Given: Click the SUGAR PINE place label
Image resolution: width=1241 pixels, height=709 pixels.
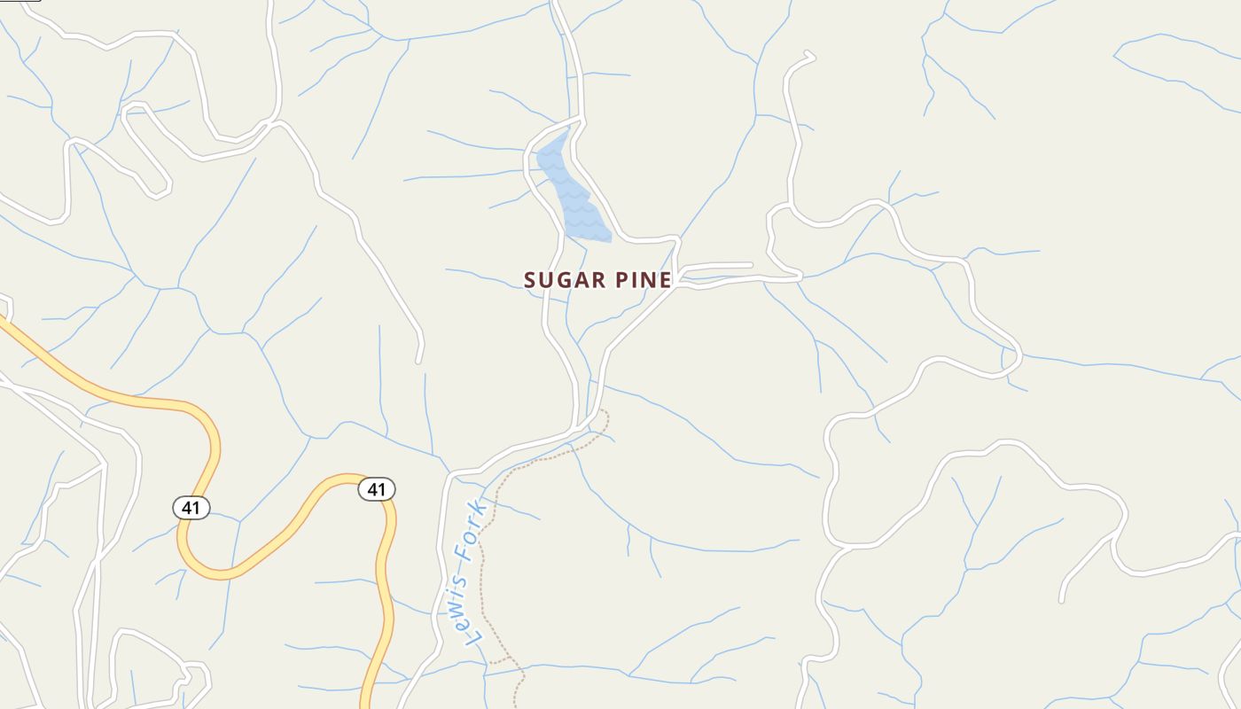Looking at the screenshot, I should coord(597,280).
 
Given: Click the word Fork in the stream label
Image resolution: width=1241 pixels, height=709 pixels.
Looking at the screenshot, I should coord(468,531).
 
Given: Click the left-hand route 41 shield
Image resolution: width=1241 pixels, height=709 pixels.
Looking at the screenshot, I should coord(191,508).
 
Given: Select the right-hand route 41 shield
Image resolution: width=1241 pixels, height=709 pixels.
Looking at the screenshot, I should coord(377,489).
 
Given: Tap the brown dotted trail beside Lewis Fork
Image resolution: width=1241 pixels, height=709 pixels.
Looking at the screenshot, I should coord(482,567).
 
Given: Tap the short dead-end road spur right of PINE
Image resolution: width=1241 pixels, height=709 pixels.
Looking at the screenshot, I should coord(727,265).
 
